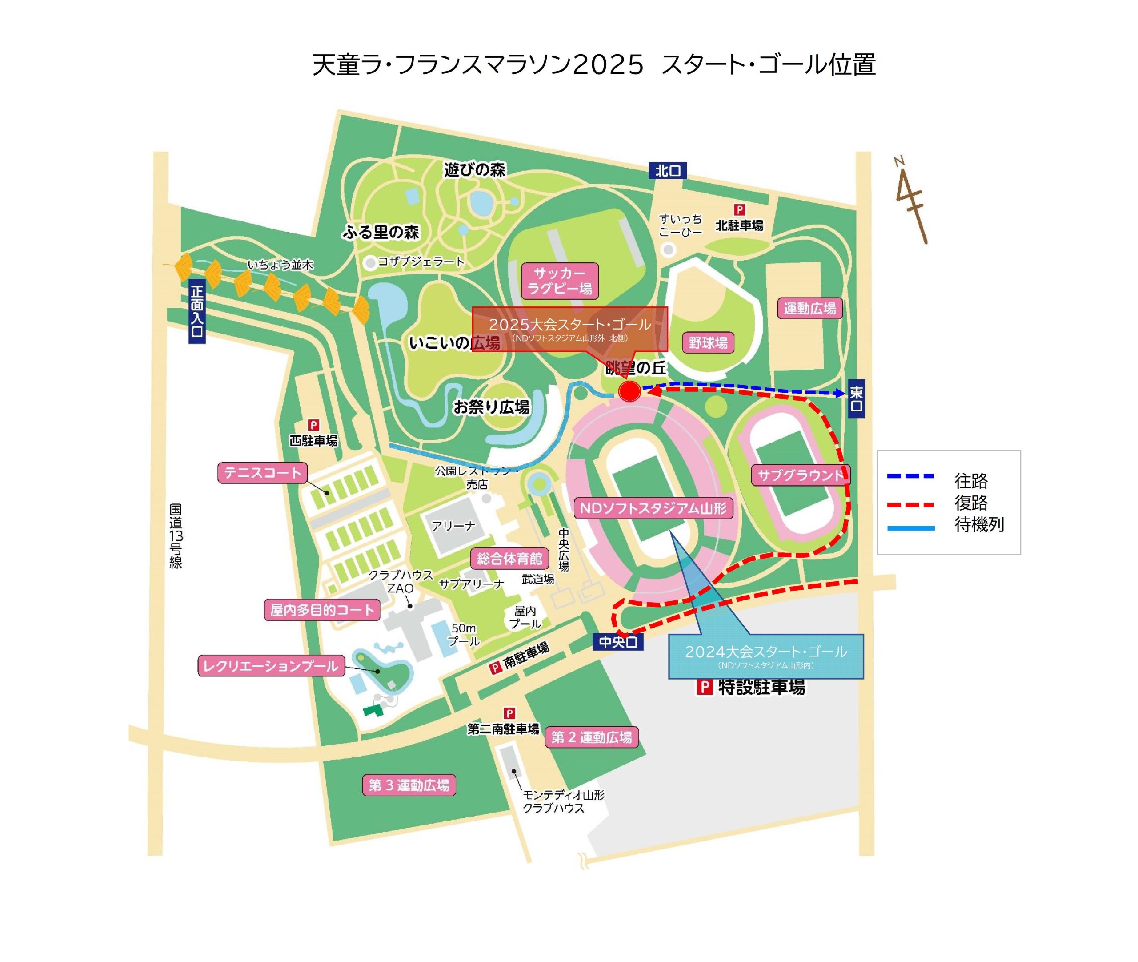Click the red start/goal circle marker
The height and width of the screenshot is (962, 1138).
[x=629, y=391]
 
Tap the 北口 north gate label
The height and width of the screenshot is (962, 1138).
[x=667, y=171]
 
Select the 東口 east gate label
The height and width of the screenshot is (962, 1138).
[x=856, y=398]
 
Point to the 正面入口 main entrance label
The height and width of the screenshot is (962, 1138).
[x=197, y=312]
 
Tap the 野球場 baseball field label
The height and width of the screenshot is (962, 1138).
[x=708, y=342]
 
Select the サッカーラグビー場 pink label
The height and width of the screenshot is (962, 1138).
[x=560, y=281]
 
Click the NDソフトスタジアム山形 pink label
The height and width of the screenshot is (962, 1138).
[x=653, y=508]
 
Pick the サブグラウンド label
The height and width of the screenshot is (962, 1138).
[x=800, y=475]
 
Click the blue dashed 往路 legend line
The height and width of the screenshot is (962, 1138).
[x=910, y=476]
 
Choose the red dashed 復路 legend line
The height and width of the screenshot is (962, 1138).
[x=910, y=504]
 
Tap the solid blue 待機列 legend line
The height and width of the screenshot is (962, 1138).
[x=910, y=528]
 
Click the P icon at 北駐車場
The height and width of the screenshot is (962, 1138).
[x=739, y=210]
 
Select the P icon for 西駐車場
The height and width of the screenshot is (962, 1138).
[x=313, y=425]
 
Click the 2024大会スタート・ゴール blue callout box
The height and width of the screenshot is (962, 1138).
[x=766, y=656]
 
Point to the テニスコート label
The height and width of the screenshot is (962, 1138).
[x=263, y=472]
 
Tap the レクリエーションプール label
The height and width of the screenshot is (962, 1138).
[x=271, y=666]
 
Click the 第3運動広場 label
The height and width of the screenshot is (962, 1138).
[x=409, y=785]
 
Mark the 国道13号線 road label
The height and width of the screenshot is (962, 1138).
[x=176, y=535]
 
